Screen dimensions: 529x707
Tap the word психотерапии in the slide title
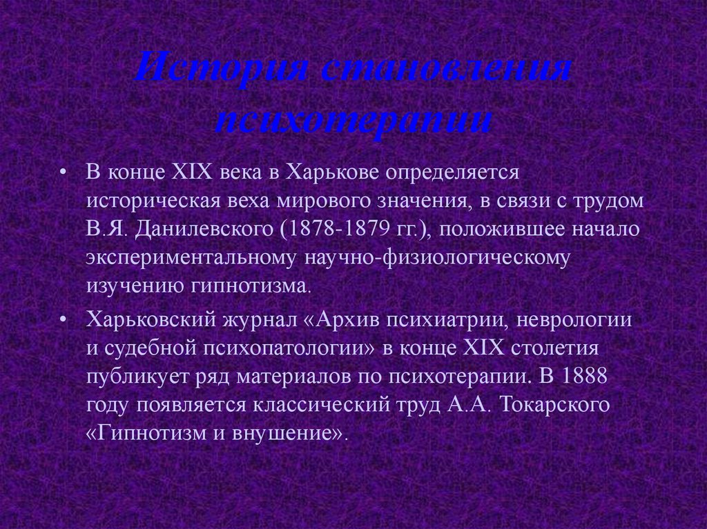pyautogui.click(x=353, y=120)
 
